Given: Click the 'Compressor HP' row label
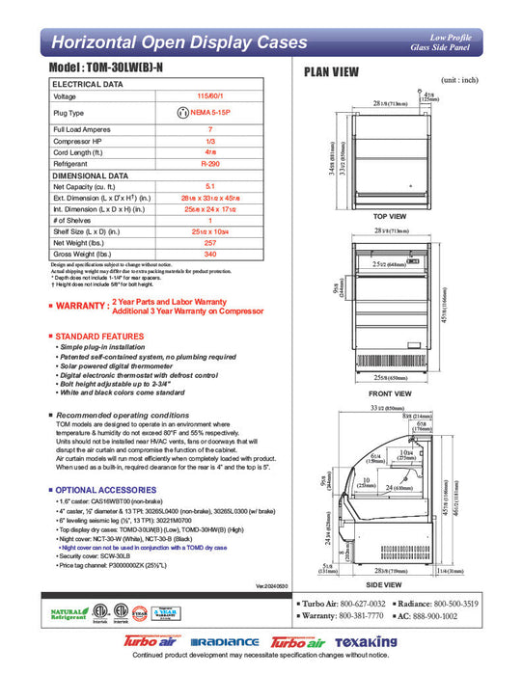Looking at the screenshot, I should tap(76, 141).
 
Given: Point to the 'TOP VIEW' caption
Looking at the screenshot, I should tap(389, 217).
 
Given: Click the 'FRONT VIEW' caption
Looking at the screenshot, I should tap(389, 394).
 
